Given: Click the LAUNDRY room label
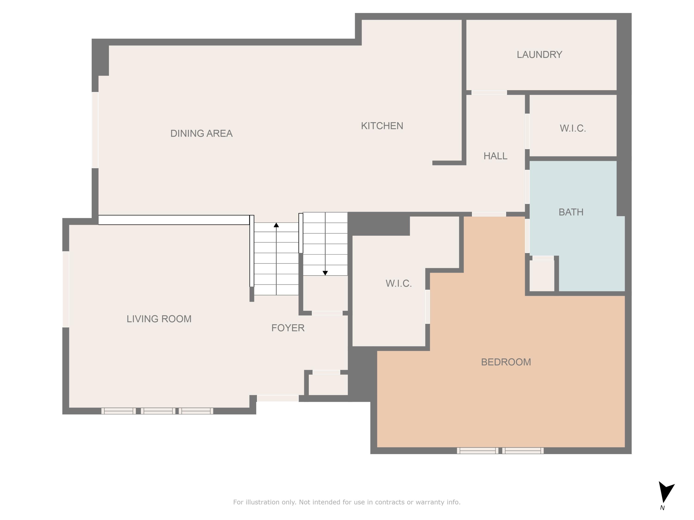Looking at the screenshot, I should pos(539,55).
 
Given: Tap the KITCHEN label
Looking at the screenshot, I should pos(382,126).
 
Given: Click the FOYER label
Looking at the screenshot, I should pos(288,328).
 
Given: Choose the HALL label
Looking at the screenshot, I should pos(495,156).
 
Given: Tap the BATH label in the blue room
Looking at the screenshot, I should pos(571,212).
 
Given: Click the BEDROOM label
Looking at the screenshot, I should pos(506,362).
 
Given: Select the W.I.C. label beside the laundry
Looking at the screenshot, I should pos(573,128).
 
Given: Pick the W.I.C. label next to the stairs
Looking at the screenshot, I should pos(398,283).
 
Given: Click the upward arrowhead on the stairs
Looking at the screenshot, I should pos(276,225).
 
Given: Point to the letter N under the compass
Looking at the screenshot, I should pos(662,508).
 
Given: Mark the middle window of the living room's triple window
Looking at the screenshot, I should pos(158,411).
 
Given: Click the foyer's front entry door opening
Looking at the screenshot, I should pos(278,398).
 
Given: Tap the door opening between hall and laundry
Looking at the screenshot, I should pos(489,92).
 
